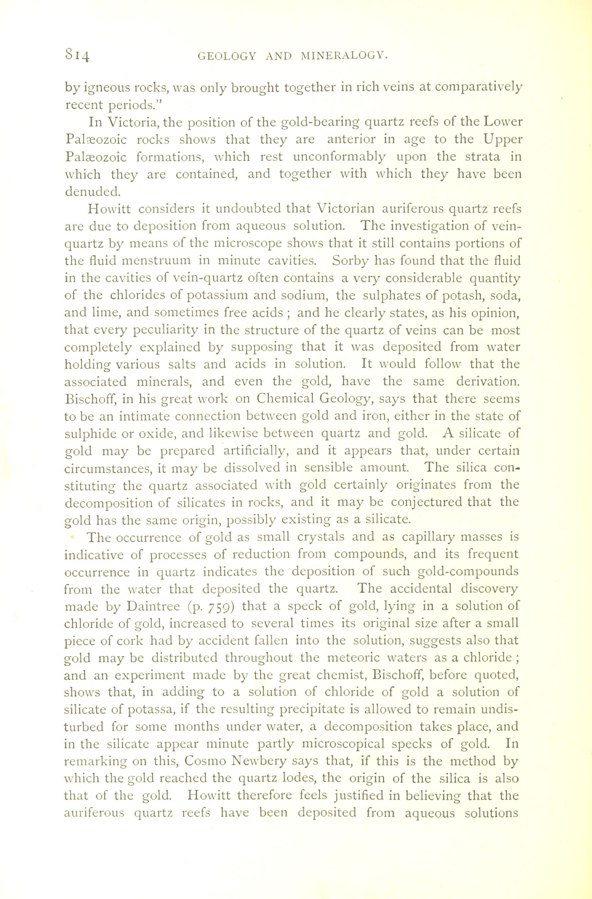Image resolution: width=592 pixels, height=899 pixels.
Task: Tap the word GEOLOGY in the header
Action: (x=227, y=56)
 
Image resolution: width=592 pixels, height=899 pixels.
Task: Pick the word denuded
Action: (x=93, y=191)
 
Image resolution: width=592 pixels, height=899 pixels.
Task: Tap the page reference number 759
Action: (x=218, y=607)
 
